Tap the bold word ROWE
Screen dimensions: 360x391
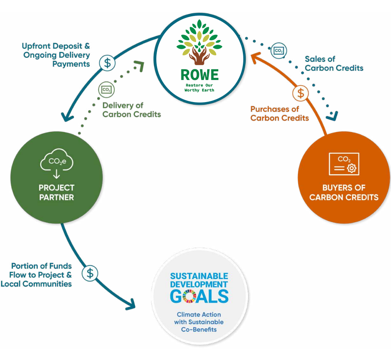point(200,75)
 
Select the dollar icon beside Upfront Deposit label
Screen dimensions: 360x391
point(107,63)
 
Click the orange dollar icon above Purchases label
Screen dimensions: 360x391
point(301,93)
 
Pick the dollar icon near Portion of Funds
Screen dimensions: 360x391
point(90,273)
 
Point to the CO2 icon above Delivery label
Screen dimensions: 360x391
point(106,89)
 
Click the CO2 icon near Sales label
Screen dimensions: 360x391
point(279,50)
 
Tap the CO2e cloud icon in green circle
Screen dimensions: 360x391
point(56,162)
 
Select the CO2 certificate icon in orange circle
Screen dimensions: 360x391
point(344,164)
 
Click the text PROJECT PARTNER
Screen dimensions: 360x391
point(57,192)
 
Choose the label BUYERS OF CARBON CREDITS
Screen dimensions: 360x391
point(344,192)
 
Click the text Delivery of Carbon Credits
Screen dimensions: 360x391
point(131,110)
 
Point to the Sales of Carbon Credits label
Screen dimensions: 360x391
point(334,64)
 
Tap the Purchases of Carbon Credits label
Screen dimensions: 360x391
point(279,114)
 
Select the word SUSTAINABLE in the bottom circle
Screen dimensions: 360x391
point(199,276)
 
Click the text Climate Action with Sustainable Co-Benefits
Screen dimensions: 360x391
point(199,322)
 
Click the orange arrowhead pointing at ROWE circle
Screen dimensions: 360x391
point(254,57)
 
